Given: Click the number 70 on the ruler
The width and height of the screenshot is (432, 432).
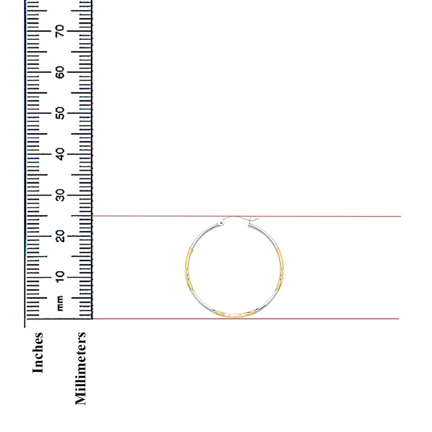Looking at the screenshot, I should coord(60,31).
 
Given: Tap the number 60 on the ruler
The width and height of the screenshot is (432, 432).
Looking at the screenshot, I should coord(60,72).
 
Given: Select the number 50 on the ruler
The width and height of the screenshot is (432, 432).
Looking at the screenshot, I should coord(60,113).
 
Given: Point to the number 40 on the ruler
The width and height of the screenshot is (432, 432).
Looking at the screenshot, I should coord(60,154).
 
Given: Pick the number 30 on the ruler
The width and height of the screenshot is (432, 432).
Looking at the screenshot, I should coord(60,195).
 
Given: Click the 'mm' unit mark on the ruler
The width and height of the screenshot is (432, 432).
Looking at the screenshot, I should coord(60,303).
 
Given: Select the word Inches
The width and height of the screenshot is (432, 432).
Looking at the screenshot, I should coord(38,352).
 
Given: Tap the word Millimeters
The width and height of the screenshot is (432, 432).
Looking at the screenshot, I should coord(80,368).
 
